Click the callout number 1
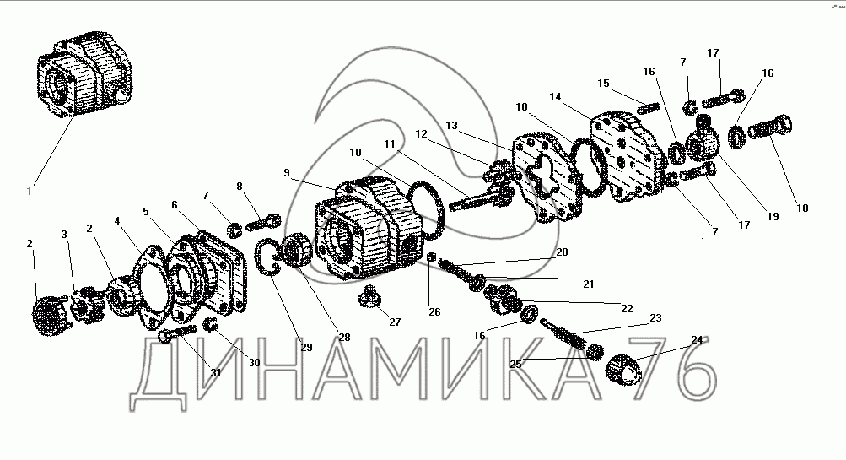click(x=30, y=191)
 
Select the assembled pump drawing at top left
click(x=84, y=73)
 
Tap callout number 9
click(x=287, y=173)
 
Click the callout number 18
click(x=802, y=208)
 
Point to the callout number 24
click(x=697, y=339)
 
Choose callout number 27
click(x=395, y=322)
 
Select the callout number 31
click(x=215, y=372)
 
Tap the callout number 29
click(x=306, y=347)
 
